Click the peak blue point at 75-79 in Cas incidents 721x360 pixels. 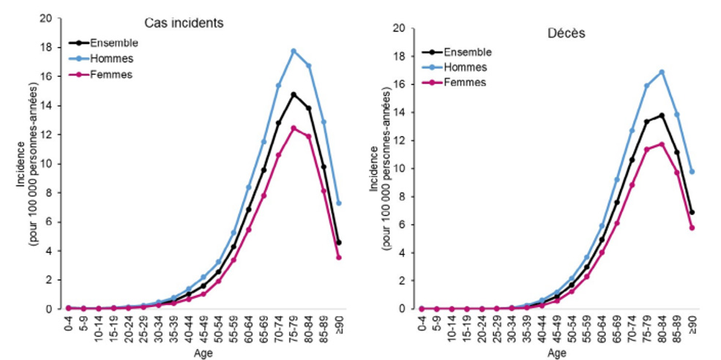(x=294, y=51)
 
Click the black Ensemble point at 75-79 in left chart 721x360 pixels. (x=294, y=94)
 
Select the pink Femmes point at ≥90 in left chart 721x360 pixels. (x=339, y=258)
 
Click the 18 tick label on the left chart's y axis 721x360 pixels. (x=46, y=48)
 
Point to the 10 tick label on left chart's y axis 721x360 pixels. (x=46, y=164)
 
